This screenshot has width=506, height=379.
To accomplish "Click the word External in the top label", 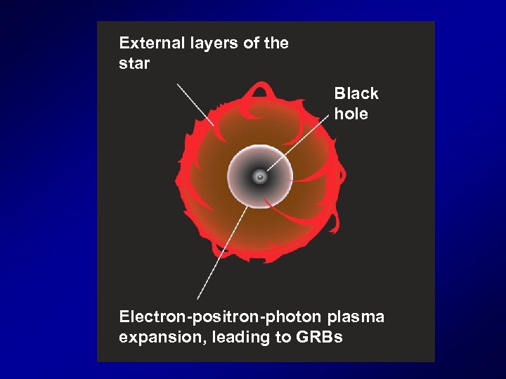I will [150, 44].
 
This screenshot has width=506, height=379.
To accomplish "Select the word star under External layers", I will [134, 64].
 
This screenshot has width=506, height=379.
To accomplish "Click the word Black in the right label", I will [356, 94].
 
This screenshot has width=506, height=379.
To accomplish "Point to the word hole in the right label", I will [351, 114].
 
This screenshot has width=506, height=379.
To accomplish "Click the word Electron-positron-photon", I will [220, 317].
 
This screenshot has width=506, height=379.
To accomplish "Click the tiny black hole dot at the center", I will [259, 177].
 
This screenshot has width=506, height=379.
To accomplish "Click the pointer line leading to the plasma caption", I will [221, 253].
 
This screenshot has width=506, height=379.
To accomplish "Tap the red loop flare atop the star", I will [261, 90].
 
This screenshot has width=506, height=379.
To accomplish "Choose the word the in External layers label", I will [275, 44].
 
